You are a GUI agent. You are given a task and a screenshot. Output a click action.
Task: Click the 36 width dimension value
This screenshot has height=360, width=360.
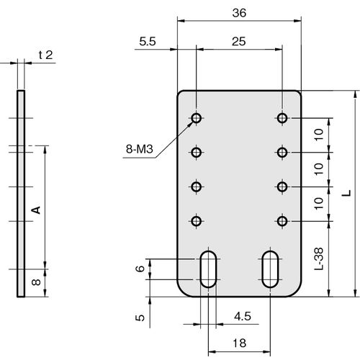pyautogui.click(x=239, y=13)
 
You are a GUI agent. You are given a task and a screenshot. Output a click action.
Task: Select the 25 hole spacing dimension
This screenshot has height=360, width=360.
pyautogui.click(x=239, y=42)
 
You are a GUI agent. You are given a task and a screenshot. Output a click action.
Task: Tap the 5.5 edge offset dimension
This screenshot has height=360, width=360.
pyautogui.click(x=148, y=42)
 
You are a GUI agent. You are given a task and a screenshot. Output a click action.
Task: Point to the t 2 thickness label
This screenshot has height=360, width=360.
pyautogui.click(x=45, y=55)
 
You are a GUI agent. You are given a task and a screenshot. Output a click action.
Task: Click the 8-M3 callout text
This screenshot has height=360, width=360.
pyautogui.click(x=140, y=149)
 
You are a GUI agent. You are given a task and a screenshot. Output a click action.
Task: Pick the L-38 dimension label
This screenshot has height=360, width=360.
pyautogui.click(x=319, y=258)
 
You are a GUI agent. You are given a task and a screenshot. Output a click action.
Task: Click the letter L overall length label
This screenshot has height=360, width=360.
pyautogui.click(x=346, y=193)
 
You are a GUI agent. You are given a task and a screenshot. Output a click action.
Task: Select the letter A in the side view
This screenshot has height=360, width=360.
pyautogui.click(x=36, y=210)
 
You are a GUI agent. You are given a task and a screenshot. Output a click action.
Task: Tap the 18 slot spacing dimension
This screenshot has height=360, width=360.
pyautogui.click(x=239, y=343)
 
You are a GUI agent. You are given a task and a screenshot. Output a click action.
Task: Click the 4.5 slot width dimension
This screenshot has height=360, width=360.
pyautogui.click(x=243, y=316)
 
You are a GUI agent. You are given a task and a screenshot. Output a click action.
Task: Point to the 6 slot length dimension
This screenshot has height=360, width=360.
pyautogui.click(x=140, y=269)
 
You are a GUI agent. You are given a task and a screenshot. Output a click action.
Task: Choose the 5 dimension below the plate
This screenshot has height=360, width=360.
pyautogui.click(x=140, y=318)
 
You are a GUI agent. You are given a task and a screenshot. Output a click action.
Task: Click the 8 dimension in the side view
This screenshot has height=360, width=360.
pyautogui.click(x=36, y=282)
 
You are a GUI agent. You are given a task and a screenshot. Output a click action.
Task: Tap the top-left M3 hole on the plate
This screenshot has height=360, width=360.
pyautogui.click(x=197, y=118)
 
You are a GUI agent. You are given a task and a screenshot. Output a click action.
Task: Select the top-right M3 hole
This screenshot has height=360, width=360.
pyautogui.click(x=282, y=118)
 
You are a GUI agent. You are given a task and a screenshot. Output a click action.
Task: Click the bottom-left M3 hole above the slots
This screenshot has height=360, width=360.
pyautogui.click(x=197, y=221)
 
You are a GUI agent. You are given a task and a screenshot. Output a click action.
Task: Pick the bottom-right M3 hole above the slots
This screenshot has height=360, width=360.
pyautogui.click(x=282, y=221)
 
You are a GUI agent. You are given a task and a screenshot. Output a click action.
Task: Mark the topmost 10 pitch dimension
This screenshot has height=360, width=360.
pyautogui.click(x=319, y=135)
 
